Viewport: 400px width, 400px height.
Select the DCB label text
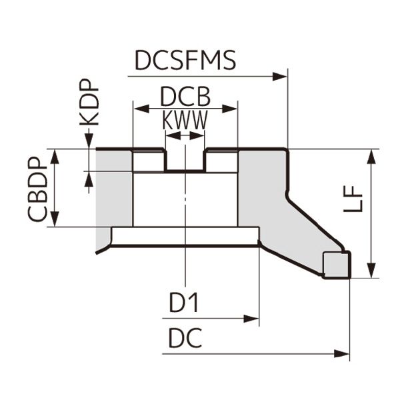tap(185, 98)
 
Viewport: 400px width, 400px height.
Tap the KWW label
tap(185, 121)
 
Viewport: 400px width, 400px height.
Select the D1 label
tap(183, 303)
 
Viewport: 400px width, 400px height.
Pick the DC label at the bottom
tap(185, 339)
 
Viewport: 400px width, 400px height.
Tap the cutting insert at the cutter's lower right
tap(337, 264)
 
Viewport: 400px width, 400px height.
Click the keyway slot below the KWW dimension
tap(185, 160)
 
